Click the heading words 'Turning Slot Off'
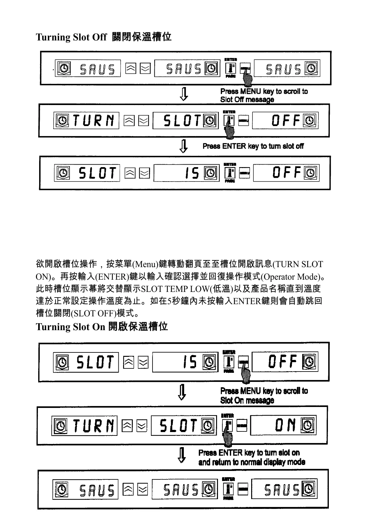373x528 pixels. point(71,37)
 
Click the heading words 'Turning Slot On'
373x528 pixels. point(70,327)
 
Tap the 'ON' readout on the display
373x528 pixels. point(285,425)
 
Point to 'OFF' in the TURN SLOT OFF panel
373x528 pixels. point(285,120)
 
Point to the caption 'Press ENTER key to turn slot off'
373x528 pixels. point(253,146)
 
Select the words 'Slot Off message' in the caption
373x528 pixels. point(247,100)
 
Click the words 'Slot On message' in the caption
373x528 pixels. point(247,400)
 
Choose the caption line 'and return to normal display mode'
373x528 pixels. point(251,462)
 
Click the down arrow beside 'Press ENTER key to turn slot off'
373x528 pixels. point(184,146)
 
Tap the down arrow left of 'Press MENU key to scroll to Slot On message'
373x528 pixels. point(182,392)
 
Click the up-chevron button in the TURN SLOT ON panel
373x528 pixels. point(127,425)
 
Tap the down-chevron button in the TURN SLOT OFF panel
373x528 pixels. point(143,121)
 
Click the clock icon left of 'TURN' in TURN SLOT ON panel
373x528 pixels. point(61,426)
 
